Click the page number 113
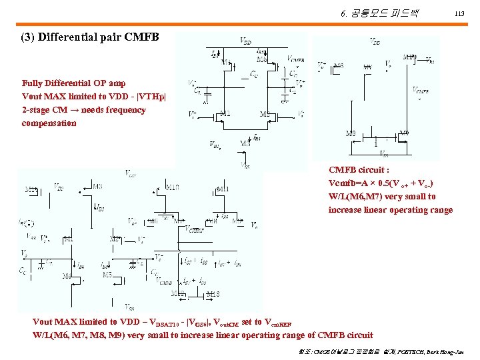(x=459, y=14)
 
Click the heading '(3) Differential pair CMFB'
(x=91, y=37)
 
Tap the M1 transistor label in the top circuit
(x=225, y=113)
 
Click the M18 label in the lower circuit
(x=213, y=293)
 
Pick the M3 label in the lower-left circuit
(x=97, y=186)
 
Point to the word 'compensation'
(x=49, y=123)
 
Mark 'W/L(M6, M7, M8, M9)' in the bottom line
(x=81, y=335)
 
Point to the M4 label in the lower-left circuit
(x=67, y=275)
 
